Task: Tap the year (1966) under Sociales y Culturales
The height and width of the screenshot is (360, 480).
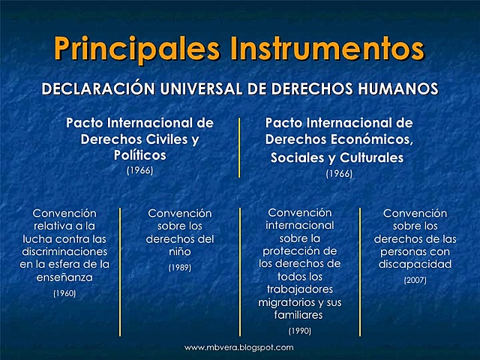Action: click(x=339, y=174)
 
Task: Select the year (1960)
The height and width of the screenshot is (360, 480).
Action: click(x=64, y=293)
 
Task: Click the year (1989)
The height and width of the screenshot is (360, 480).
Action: click(x=180, y=268)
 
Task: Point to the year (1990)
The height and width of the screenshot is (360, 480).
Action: click(x=300, y=330)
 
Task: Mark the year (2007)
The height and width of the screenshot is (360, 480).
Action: click(x=415, y=280)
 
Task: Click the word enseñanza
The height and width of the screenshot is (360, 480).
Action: click(x=64, y=277)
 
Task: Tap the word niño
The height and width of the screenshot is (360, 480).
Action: click(x=180, y=252)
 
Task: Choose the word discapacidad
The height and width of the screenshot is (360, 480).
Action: click(x=415, y=264)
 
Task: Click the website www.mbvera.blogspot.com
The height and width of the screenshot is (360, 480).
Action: click(x=239, y=348)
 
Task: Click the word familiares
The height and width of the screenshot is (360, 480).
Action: click(x=300, y=315)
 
